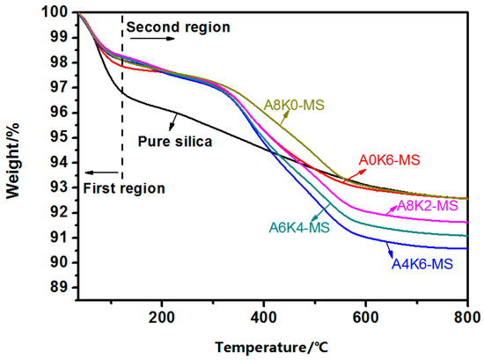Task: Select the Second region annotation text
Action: tap(178, 28)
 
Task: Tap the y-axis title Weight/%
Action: tap(12, 153)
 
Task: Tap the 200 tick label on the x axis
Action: tap(162, 315)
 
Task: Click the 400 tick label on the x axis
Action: tap(263, 315)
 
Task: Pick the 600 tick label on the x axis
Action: tap(365, 315)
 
